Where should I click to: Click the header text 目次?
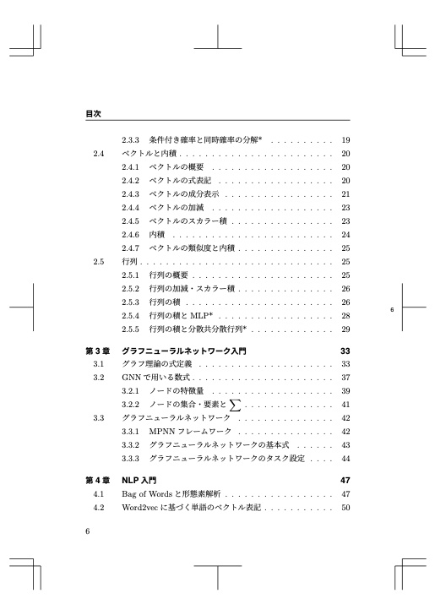click(94, 112)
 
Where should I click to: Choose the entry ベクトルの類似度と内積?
click(191, 248)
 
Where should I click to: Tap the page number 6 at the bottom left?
click(89, 531)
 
